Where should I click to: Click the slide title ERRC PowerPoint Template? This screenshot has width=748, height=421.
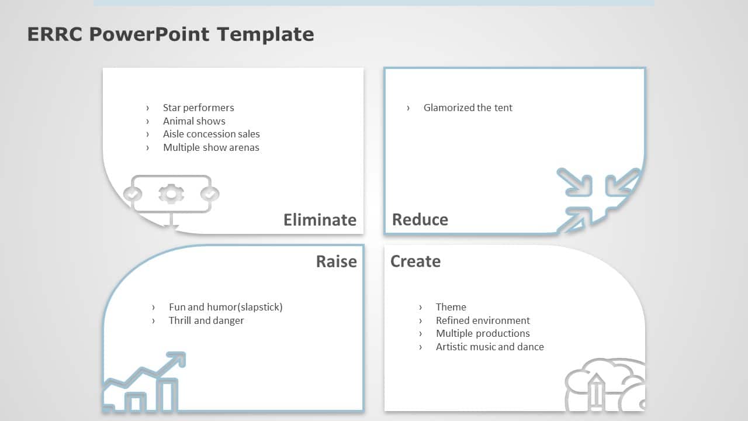(x=170, y=34)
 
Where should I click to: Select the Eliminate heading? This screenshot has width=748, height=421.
(x=320, y=220)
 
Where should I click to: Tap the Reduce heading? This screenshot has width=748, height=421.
(x=420, y=220)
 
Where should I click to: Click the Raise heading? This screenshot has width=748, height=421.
(x=336, y=261)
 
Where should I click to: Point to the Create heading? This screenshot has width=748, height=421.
(x=415, y=261)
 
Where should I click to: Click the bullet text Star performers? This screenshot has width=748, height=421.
(x=198, y=108)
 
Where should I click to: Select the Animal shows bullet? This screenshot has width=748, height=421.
(x=194, y=121)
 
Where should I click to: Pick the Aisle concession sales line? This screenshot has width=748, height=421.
(x=211, y=134)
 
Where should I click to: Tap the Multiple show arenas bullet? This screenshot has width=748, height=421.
(x=211, y=148)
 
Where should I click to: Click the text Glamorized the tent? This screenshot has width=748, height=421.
(x=467, y=108)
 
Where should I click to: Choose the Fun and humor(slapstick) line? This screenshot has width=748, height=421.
(x=226, y=307)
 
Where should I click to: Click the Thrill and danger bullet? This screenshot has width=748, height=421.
(x=206, y=320)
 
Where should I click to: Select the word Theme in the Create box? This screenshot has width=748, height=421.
(x=451, y=307)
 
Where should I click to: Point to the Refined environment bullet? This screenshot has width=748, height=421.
(x=483, y=320)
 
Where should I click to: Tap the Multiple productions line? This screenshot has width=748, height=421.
(x=483, y=333)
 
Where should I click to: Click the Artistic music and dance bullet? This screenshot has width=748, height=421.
(x=490, y=347)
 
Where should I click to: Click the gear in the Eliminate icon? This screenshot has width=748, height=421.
(x=171, y=194)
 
